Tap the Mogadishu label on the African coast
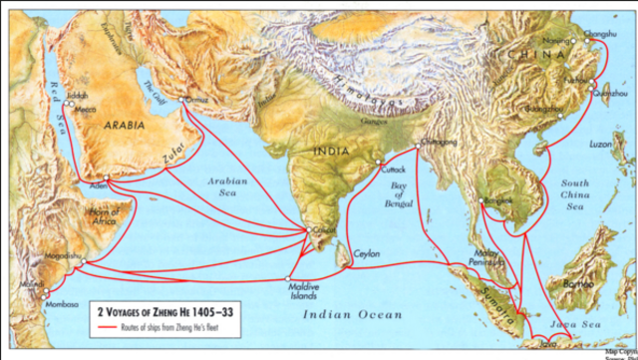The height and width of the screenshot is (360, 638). pyautogui.click(x=62, y=255)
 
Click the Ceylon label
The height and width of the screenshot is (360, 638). pyautogui.click(x=366, y=254)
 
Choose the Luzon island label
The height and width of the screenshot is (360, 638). pyautogui.click(x=602, y=146)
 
